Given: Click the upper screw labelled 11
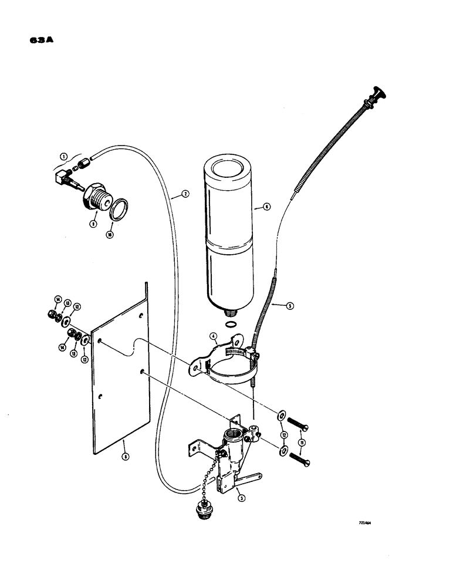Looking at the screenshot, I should [298, 422].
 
